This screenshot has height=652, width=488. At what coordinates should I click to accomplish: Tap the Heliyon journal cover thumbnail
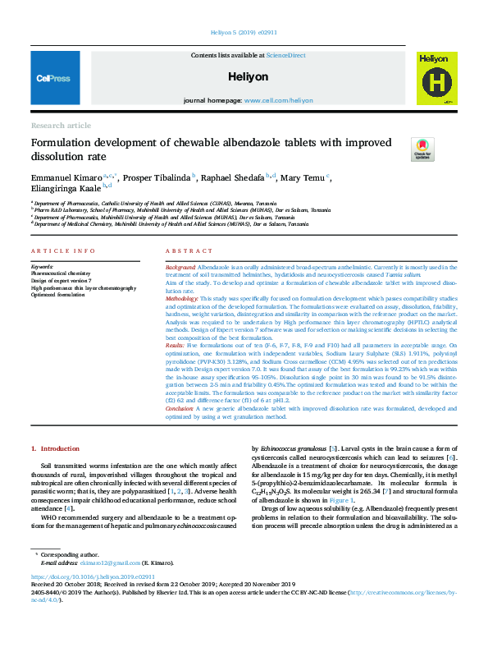437,78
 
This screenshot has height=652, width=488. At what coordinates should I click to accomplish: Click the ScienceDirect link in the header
285,55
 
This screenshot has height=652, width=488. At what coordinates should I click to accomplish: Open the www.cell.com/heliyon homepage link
278,100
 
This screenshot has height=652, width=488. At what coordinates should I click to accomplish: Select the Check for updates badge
422,149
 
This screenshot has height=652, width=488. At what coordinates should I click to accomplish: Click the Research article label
61,125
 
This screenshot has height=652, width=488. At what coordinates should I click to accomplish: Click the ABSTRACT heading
189,250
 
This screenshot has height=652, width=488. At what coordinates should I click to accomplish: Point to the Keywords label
42,268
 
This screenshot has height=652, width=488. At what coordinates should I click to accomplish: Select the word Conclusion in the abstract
183,408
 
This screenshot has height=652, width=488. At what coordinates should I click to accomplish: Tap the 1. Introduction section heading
56,448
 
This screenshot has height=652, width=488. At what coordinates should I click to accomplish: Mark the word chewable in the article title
210,144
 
